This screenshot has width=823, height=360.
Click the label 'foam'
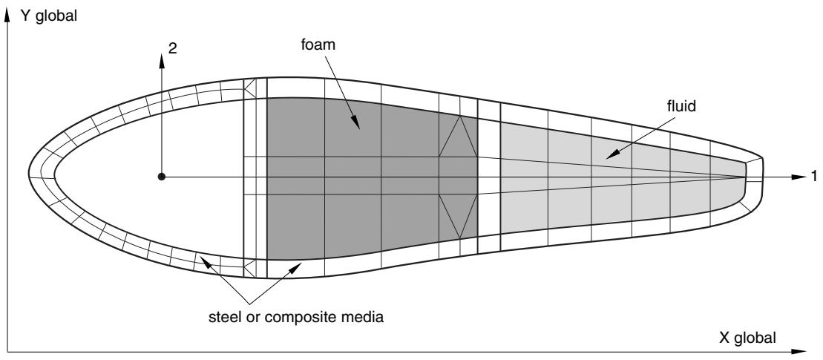[x=318, y=45]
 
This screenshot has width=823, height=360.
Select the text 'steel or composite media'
[x=296, y=318]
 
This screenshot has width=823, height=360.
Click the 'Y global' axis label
[x=49, y=16]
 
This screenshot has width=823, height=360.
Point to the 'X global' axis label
[x=747, y=338]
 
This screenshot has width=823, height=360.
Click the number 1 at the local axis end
[x=814, y=177]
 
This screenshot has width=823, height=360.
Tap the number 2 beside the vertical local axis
[x=173, y=48]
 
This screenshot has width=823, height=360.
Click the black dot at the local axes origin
[x=162, y=177]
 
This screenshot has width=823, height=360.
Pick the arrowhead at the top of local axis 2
[x=162, y=60]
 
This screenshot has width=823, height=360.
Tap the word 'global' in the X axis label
[x=755, y=338]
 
